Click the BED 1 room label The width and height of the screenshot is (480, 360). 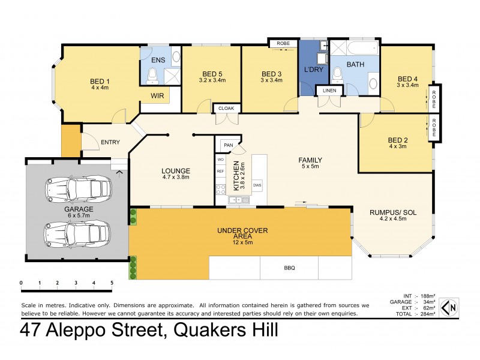click(100, 81)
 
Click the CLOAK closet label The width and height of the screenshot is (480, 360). click(226, 108)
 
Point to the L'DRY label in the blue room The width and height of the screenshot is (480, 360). click(314, 71)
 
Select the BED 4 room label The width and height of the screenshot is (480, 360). click(407, 78)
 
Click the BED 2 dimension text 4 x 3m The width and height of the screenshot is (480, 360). click(398, 147)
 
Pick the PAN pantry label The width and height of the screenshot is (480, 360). click(228, 145)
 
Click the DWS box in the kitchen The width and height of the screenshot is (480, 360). click(257, 185)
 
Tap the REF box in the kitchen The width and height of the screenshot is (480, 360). click(220, 172)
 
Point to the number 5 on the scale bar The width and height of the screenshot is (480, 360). click(112, 283)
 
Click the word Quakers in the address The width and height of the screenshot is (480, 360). click(200, 331)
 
